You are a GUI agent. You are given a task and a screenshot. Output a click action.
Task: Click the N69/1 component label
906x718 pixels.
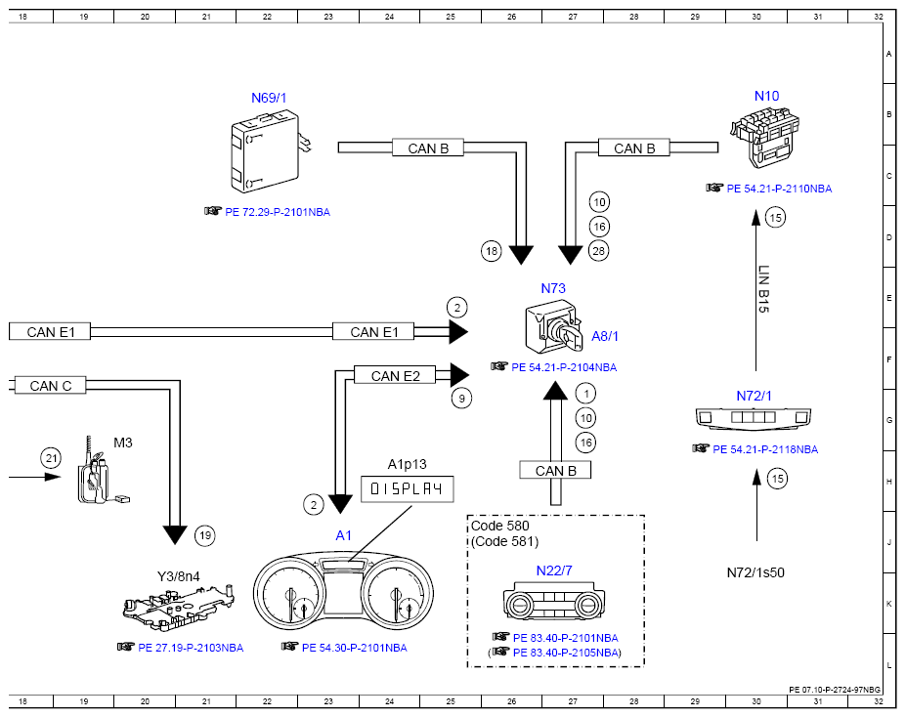click(269, 99)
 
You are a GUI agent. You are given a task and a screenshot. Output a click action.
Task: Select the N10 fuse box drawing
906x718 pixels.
click(764, 138)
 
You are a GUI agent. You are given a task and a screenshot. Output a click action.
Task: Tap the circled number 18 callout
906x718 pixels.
click(492, 251)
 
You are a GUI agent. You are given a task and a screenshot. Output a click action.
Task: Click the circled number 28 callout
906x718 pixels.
click(598, 251)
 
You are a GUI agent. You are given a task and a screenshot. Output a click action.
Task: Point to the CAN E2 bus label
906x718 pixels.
click(395, 376)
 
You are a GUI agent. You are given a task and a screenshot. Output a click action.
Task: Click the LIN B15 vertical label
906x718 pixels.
click(763, 289)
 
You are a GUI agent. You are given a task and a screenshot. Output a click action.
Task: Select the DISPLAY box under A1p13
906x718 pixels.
click(407, 489)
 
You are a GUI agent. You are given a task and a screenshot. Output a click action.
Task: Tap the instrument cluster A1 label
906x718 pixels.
click(343, 535)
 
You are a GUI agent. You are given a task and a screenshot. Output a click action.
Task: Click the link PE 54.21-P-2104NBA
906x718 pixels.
click(564, 367)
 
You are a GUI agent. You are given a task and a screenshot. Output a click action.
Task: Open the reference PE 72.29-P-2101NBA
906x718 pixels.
click(278, 212)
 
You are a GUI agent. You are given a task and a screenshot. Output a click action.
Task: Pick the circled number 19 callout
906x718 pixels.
click(205, 535)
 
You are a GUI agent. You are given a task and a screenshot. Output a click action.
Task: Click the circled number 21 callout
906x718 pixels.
click(52, 458)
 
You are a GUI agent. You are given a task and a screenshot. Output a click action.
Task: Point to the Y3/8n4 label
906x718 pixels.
click(179, 576)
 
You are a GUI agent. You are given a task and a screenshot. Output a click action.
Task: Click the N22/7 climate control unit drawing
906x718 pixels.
click(554, 602)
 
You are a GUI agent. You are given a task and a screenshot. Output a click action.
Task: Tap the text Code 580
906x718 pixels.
click(499, 526)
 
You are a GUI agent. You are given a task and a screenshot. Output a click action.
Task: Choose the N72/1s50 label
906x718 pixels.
click(755, 572)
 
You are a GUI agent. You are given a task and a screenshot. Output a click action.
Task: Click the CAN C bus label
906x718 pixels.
click(50, 386)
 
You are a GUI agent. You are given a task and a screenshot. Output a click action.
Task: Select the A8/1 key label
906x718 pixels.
click(605, 336)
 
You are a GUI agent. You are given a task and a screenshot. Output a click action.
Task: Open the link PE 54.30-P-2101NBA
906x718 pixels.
click(354, 648)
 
